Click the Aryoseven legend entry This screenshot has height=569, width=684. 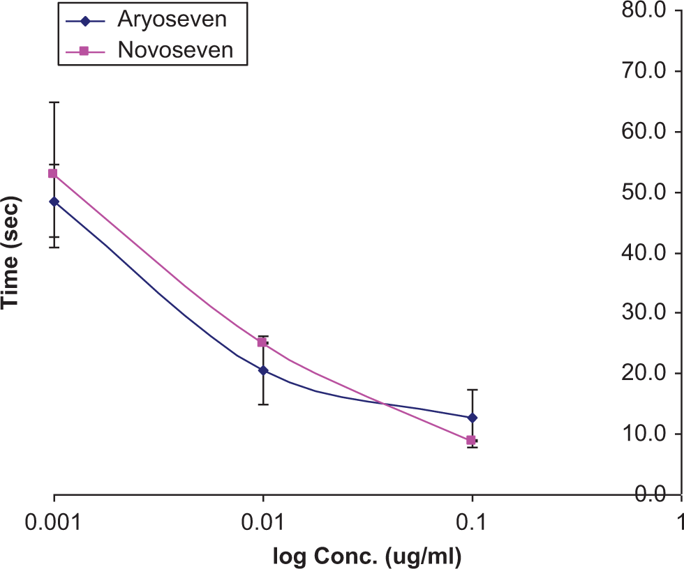click(x=146, y=20)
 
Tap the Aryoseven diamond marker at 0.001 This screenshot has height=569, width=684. click(x=54, y=202)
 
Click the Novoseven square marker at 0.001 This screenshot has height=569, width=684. click(x=53, y=174)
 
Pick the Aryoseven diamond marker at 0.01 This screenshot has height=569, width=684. click(x=263, y=370)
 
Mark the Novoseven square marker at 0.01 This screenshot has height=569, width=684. click(x=262, y=342)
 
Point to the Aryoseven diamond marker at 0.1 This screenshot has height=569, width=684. click(x=472, y=418)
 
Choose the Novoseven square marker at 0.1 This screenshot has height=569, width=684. click(x=470, y=440)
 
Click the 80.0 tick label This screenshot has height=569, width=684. click(x=644, y=10)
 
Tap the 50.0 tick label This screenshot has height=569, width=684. click(x=644, y=192)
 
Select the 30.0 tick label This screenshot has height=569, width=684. click(x=644, y=312)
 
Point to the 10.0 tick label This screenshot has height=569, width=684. click(x=644, y=434)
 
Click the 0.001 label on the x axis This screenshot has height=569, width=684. click(x=53, y=522)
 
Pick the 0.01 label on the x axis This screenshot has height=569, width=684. click(x=262, y=522)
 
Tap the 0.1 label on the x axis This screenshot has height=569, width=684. click(x=471, y=522)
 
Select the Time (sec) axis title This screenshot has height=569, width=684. click(x=10, y=254)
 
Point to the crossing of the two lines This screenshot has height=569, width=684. click(x=383, y=404)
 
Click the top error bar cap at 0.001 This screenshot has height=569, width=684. click(x=54, y=102)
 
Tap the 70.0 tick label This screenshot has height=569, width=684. click(x=644, y=70)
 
